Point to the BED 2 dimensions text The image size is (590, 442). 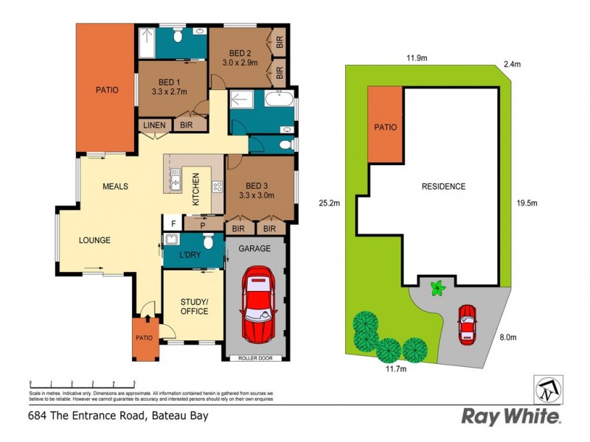(240, 64)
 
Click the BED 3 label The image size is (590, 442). (256, 185)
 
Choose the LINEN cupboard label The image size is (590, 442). (155, 125)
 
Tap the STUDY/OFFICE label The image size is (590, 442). (194, 306)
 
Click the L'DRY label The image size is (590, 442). (191, 256)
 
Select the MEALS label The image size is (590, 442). (115, 186)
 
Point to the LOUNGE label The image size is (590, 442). (95, 240)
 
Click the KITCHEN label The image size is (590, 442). (196, 188)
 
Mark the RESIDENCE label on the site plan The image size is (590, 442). (443, 186)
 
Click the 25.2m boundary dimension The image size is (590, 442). (328, 203)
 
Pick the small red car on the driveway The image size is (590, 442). (467, 324)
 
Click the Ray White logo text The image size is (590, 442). (510, 416)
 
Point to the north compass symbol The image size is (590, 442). (547, 387)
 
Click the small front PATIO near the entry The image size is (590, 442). (144, 338)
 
